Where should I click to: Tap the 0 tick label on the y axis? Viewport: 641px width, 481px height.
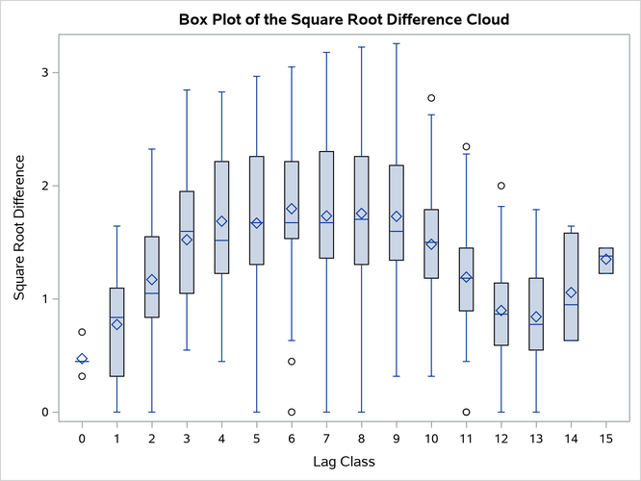click(x=45, y=412)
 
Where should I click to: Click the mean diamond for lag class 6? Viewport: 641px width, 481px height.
click(x=292, y=209)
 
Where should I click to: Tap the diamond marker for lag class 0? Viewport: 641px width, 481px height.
click(x=82, y=359)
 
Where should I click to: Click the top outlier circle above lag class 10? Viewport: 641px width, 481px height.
click(x=431, y=98)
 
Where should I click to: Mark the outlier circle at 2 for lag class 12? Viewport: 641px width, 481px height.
click(x=501, y=186)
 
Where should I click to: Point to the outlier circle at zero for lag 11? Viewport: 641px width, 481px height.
click(x=466, y=412)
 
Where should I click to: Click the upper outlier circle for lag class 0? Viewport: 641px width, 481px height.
click(x=82, y=332)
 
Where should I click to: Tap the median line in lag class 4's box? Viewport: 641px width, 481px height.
click(x=221, y=240)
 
